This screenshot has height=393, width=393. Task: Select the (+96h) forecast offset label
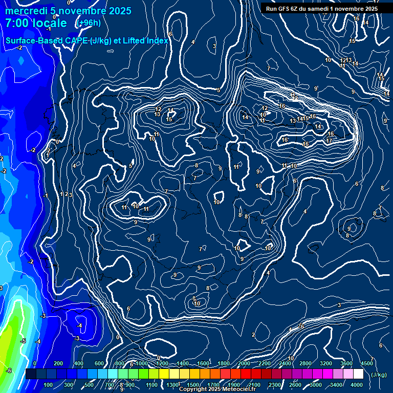tap(88, 23)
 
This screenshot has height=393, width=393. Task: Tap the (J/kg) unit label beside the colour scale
tap(378, 375)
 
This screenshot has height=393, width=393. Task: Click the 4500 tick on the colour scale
tap(367, 363)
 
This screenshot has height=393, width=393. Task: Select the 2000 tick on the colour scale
tap(244, 363)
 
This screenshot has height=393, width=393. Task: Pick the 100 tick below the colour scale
tap(49, 385)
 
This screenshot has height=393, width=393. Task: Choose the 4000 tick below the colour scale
tap(357, 385)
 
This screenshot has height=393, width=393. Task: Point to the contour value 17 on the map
tap(329, 141)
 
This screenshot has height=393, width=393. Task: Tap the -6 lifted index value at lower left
tap(9, 370)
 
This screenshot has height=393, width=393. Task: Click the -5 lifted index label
tap(23, 341)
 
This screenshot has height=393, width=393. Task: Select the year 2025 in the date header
tap(118, 11)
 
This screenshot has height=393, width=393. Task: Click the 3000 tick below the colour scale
tap(316, 385)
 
